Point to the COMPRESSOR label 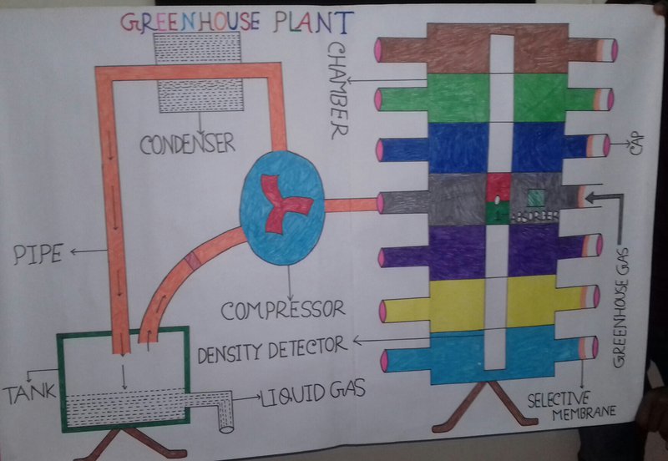[282, 310]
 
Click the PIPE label [38, 253]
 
